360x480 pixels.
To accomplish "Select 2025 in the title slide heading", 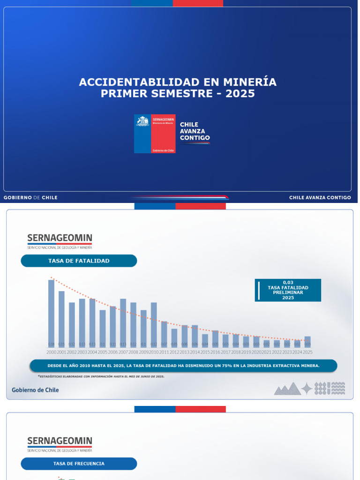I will tap(240, 94).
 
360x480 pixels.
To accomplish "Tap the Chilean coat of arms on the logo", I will tap(142, 121).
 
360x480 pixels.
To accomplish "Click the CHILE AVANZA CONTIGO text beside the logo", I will tap(195, 132).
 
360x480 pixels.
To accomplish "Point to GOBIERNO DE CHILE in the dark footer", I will tap(30, 198).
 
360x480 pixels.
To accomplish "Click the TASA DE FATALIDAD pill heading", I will tap(79, 261).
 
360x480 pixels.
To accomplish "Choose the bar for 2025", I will tap(307, 342).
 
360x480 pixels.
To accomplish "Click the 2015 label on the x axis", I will tap(205, 352).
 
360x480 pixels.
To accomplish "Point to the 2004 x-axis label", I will tap(92, 352).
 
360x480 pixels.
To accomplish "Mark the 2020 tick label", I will tap(256, 352).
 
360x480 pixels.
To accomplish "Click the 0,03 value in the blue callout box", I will tap(288, 282).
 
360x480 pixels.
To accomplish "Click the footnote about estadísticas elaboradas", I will tap(101, 376).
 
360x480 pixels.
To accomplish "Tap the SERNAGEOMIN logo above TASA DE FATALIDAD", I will tap(60, 240).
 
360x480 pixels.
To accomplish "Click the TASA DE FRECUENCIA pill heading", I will tap(79, 464).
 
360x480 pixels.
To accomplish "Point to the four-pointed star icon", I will tap(307, 389).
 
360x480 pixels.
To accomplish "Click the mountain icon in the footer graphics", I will tap(287, 389).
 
